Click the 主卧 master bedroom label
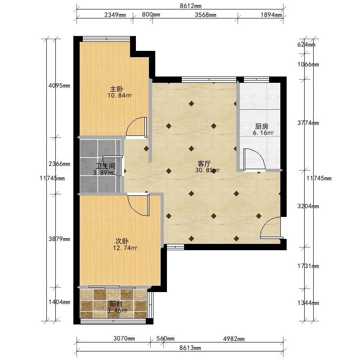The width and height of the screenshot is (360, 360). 117,89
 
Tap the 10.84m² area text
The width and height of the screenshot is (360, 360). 120,95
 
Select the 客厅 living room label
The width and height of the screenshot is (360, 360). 204,164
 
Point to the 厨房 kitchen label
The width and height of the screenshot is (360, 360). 262,126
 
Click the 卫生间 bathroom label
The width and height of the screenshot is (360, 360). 105,166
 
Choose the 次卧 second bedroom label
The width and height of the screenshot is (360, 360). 121,241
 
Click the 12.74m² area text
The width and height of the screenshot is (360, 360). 125,248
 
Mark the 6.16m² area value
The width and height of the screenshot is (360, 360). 263,133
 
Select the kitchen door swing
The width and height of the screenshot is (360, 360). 254,160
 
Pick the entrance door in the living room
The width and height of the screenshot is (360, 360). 271,228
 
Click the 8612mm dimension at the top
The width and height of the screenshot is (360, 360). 190,6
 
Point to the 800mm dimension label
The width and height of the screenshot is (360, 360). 151,15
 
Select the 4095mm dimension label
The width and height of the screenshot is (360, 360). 59,86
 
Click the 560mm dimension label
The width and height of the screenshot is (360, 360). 165,339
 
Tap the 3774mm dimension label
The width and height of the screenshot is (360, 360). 308,123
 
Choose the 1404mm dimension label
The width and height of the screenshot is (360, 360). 59,302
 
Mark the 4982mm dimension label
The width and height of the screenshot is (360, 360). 234,339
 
